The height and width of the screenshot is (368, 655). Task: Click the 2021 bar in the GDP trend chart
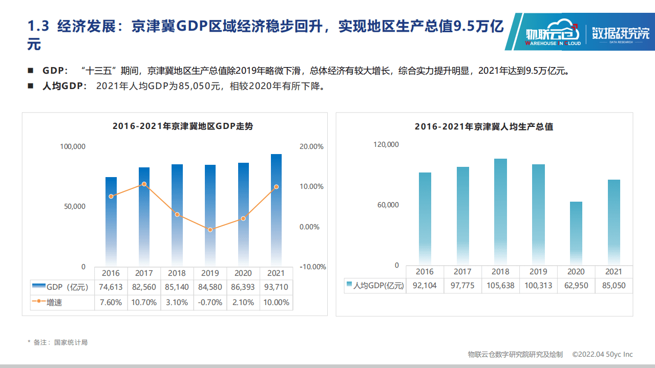tap(276, 210)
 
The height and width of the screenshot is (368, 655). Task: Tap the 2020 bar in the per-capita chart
tap(576, 233)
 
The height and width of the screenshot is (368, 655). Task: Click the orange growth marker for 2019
tap(210, 230)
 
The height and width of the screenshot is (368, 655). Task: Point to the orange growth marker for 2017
tap(144, 184)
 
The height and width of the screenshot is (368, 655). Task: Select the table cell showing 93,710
tap(276, 288)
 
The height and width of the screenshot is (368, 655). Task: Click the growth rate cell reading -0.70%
tap(210, 302)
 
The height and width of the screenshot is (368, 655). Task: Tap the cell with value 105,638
tap(500, 286)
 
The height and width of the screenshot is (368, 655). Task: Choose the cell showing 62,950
tap(576, 286)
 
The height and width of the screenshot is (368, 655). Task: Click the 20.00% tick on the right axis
tap(311, 146)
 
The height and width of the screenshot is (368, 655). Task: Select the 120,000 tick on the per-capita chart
tap(386, 145)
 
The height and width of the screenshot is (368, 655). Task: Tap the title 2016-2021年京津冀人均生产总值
tap(483, 126)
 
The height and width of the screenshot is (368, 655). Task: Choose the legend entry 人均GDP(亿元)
tap(374, 286)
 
